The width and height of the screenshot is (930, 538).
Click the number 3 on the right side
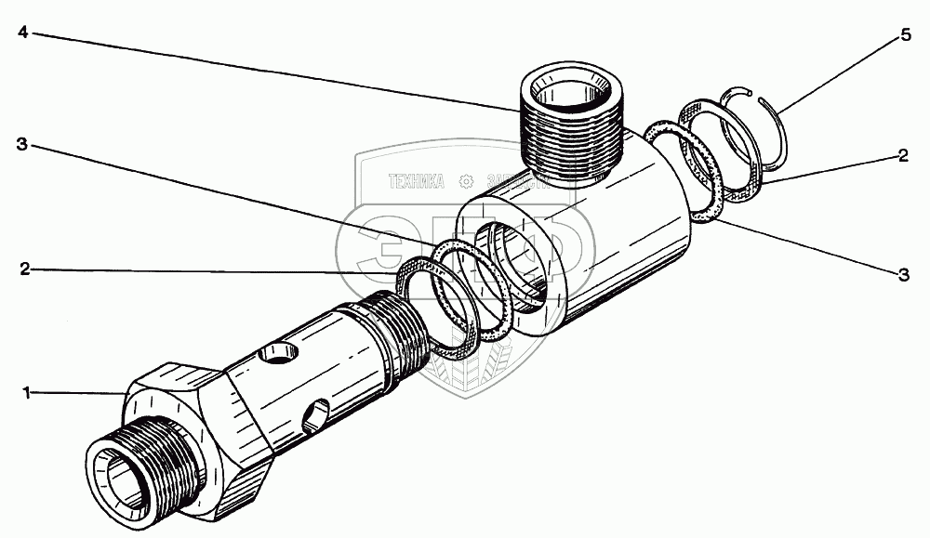903,274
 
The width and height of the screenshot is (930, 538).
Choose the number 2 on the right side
903,157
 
